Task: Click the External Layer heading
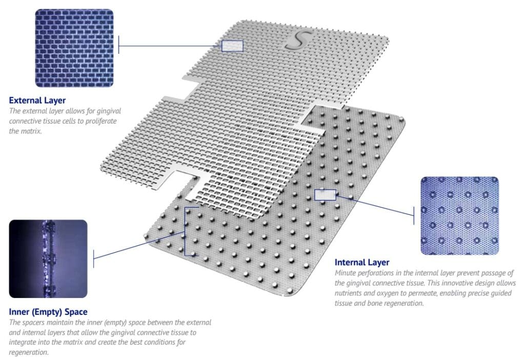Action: pos(37,101)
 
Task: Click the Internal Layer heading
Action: pos(362,263)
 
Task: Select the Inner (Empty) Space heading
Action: pos(48,312)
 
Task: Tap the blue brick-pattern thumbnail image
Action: pos(74,48)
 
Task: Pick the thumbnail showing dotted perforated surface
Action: pos(460,216)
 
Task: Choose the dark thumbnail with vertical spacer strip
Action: pos(48,259)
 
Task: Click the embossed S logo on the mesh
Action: pos(298,40)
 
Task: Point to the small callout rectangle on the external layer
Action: pos(232,46)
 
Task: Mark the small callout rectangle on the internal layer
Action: pos(325,195)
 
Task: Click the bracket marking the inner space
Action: pos(185,232)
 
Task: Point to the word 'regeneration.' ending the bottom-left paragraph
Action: pos(29,353)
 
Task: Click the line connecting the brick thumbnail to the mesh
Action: pos(170,46)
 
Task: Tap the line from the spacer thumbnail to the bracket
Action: pos(139,245)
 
